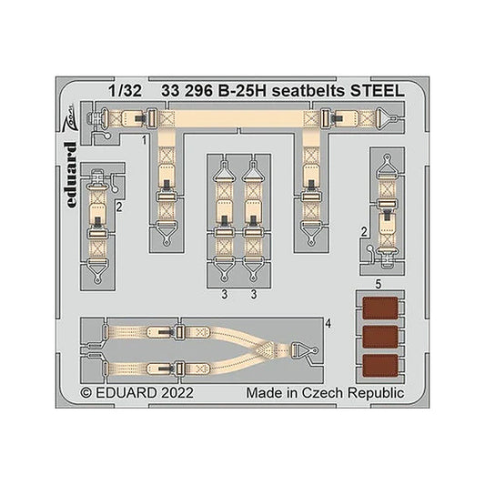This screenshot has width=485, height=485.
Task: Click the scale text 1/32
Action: coord(125,91)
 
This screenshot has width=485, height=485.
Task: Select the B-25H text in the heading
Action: coord(242,91)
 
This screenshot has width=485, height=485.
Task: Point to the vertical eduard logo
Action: coord(71,175)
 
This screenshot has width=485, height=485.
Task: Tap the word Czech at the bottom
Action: coord(323,393)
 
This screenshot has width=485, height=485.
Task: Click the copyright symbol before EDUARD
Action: coord(86,393)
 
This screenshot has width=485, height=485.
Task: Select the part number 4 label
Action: coord(328,324)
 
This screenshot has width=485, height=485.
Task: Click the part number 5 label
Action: coord(378,284)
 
